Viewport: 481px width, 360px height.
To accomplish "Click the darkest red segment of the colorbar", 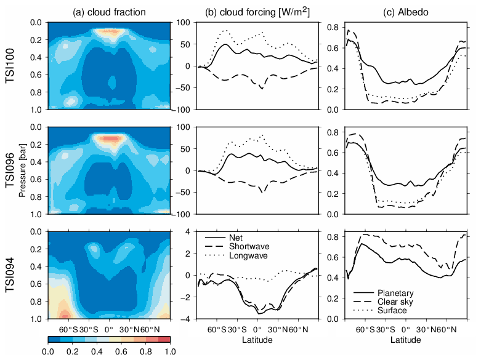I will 164,338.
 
